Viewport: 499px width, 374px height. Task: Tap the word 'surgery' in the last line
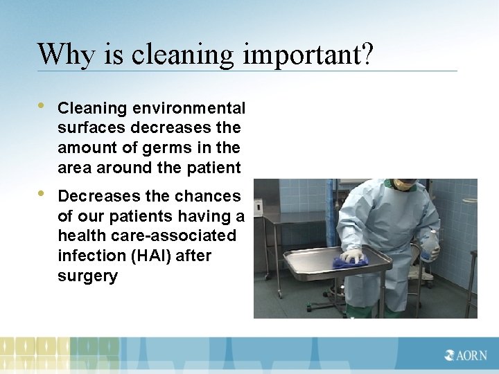(87, 276)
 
